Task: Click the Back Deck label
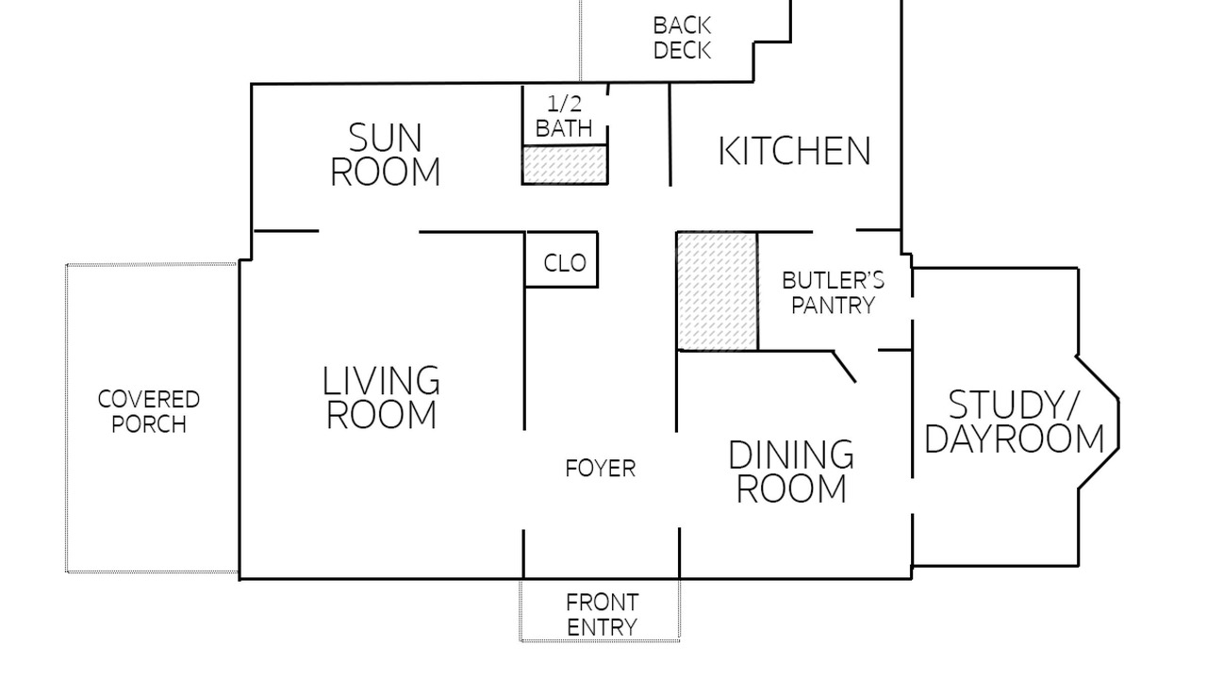click(x=682, y=38)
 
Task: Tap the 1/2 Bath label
click(x=564, y=116)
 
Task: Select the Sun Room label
click(x=386, y=155)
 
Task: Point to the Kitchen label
click(x=795, y=151)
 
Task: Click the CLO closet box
click(x=561, y=259)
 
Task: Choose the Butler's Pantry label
click(x=833, y=292)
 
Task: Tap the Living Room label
click(x=381, y=397)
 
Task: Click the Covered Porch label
click(x=149, y=412)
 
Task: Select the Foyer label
click(x=601, y=469)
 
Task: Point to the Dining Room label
click(x=791, y=472)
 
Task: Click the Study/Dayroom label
click(x=1014, y=422)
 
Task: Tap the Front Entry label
click(x=602, y=615)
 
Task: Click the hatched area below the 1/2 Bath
click(x=565, y=164)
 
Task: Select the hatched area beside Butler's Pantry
click(x=718, y=291)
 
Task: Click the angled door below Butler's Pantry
click(x=845, y=367)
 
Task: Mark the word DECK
click(x=682, y=50)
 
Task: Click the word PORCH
click(x=149, y=424)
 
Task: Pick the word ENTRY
click(x=602, y=627)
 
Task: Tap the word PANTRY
click(x=833, y=305)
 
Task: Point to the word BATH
click(x=564, y=128)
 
